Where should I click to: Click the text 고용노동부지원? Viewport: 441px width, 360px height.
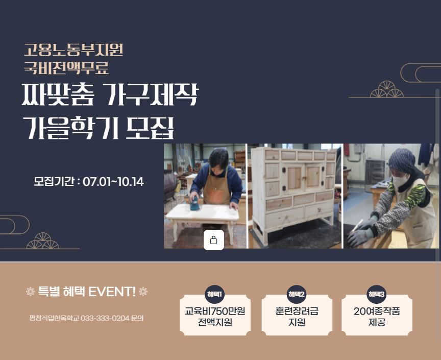(x=73, y=50)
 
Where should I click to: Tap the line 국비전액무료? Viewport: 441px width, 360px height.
(x=66, y=67)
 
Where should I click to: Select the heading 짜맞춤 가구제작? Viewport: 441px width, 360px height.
(x=109, y=95)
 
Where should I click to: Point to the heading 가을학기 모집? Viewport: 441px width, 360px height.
(x=98, y=128)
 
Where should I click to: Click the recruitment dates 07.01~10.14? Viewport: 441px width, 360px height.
(x=113, y=182)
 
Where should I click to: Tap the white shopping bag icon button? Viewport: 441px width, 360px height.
(x=214, y=240)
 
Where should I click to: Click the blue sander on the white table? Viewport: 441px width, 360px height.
(x=194, y=204)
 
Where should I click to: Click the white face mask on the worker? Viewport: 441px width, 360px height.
(x=401, y=180)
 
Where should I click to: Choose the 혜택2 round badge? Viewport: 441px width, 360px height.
(x=297, y=294)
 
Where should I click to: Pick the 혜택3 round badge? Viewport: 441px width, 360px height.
(x=377, y=294)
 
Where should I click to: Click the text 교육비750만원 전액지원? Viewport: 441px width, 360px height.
(x=215, y=317)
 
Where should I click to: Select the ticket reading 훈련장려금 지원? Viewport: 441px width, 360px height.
(x=297, y=317)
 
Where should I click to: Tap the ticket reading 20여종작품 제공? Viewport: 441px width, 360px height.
(x=377, y=317)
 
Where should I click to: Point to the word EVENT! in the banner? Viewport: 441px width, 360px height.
(x=112, y=292)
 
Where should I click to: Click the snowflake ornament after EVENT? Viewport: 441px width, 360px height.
(x=143, y=292)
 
